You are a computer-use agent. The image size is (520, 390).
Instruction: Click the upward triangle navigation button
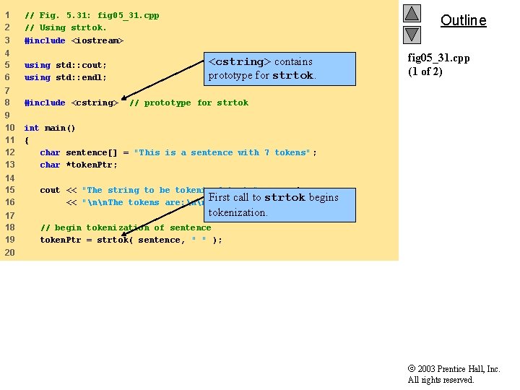point(412,13)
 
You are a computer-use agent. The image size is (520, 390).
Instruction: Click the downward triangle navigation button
point(412,34)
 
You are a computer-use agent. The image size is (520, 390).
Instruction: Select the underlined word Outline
point(463,20)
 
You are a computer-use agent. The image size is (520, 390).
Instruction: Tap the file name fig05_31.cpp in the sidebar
point(438,58)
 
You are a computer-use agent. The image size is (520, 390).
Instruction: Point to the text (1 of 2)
point(425,71)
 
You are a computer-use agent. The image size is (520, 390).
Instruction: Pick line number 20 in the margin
point(9,252)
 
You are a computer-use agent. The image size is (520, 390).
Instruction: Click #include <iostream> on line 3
point(74,40)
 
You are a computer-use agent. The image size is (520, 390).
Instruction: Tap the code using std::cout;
point(66,65)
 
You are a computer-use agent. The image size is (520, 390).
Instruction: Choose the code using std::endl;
point(66,77)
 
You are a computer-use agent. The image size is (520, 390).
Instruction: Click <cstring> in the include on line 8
point(94,103)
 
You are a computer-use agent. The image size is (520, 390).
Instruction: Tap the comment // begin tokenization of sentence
point(126,227)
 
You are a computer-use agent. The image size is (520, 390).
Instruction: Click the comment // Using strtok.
point(65,27)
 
